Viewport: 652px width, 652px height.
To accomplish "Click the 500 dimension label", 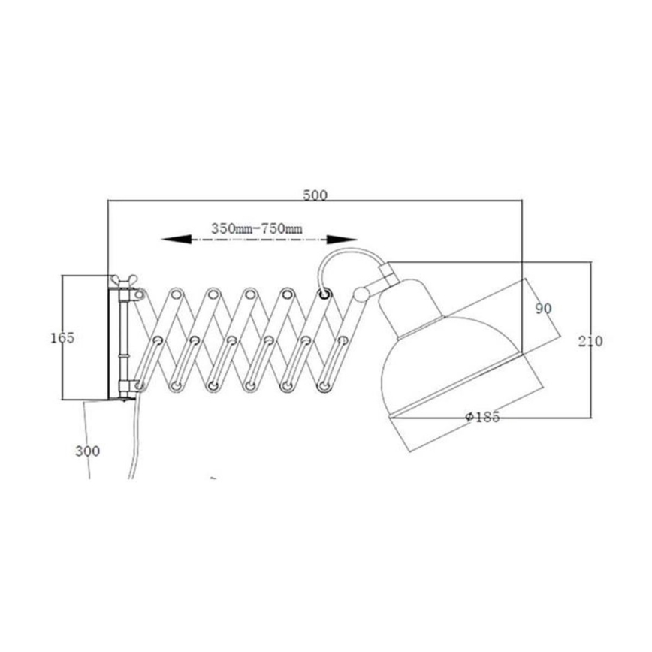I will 315,195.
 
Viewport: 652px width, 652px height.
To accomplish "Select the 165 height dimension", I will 65,338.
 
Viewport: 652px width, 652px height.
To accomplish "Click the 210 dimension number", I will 590,340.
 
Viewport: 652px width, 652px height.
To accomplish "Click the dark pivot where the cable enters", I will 325,294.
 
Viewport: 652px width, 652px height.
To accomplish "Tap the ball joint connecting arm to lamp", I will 361,293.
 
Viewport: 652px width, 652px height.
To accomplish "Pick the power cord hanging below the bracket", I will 134,443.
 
